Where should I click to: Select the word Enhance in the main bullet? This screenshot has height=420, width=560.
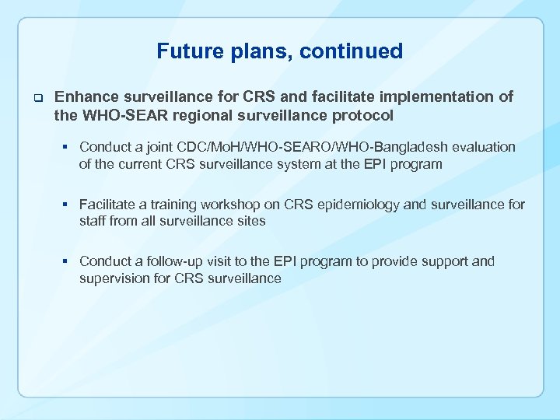coord(86,97)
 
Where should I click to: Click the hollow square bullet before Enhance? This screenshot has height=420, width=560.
coord(36,98)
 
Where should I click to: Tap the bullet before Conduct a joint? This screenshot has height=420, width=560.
coord(68,147)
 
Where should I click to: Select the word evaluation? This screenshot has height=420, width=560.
coord(485,147)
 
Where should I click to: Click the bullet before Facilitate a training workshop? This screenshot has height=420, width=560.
coord(68,205)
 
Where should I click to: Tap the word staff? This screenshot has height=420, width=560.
coord(93,221)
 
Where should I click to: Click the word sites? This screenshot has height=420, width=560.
coord(250,221)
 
